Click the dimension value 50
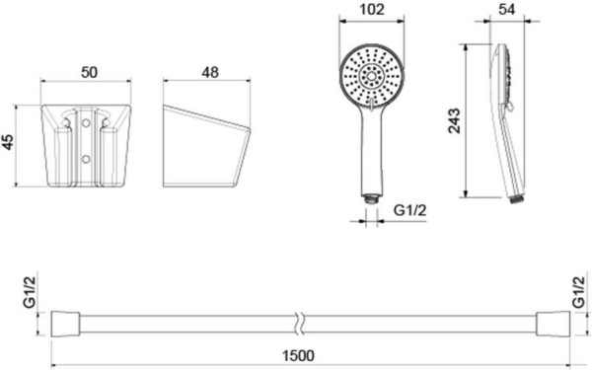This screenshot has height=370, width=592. click(89, 73)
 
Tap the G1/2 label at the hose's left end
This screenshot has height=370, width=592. click(29, 292)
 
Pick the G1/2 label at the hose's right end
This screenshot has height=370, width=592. click(578, 292)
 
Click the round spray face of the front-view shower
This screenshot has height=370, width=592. click(370, 77)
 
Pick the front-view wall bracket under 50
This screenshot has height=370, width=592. click(90, 146)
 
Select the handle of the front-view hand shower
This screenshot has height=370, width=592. click(370, 148)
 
